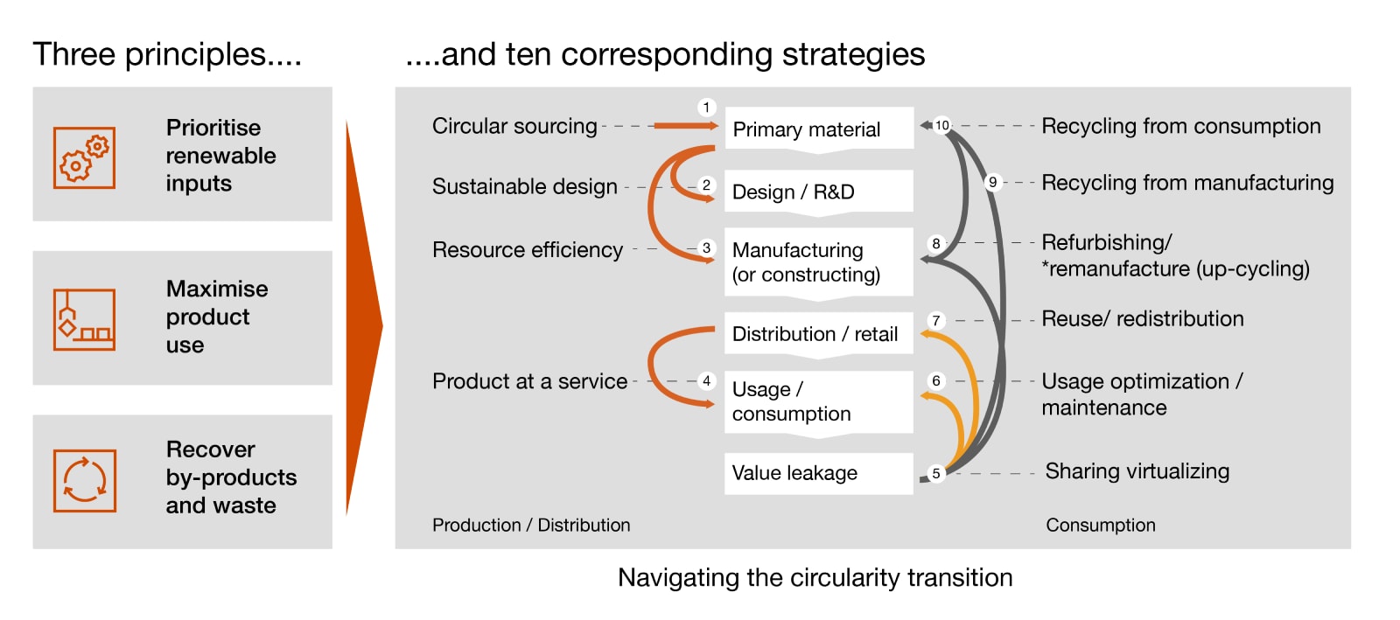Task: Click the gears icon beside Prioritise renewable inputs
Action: [84, 157]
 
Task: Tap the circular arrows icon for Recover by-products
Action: [84, 480]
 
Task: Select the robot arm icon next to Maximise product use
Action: [84, 319]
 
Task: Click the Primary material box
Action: [818, 129]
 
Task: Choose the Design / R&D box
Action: [818, 192]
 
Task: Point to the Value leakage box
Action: [818, 473]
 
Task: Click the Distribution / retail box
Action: [818, 333]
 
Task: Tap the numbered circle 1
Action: [706, 108]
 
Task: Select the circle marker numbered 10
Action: [941, 125]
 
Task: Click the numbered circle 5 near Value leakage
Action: [936, 473]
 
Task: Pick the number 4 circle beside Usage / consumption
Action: [706, 381]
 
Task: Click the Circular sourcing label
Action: [514, 126]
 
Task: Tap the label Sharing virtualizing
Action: [1137, 471]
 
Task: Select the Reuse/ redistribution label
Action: [1142, 318]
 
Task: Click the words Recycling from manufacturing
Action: [1186, 183]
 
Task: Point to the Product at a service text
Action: [529, 381]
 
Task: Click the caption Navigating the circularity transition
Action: [815, 577]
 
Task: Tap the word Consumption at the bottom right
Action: [1100, 525]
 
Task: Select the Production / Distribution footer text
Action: [530, 525]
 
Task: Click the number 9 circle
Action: [992, 182]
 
